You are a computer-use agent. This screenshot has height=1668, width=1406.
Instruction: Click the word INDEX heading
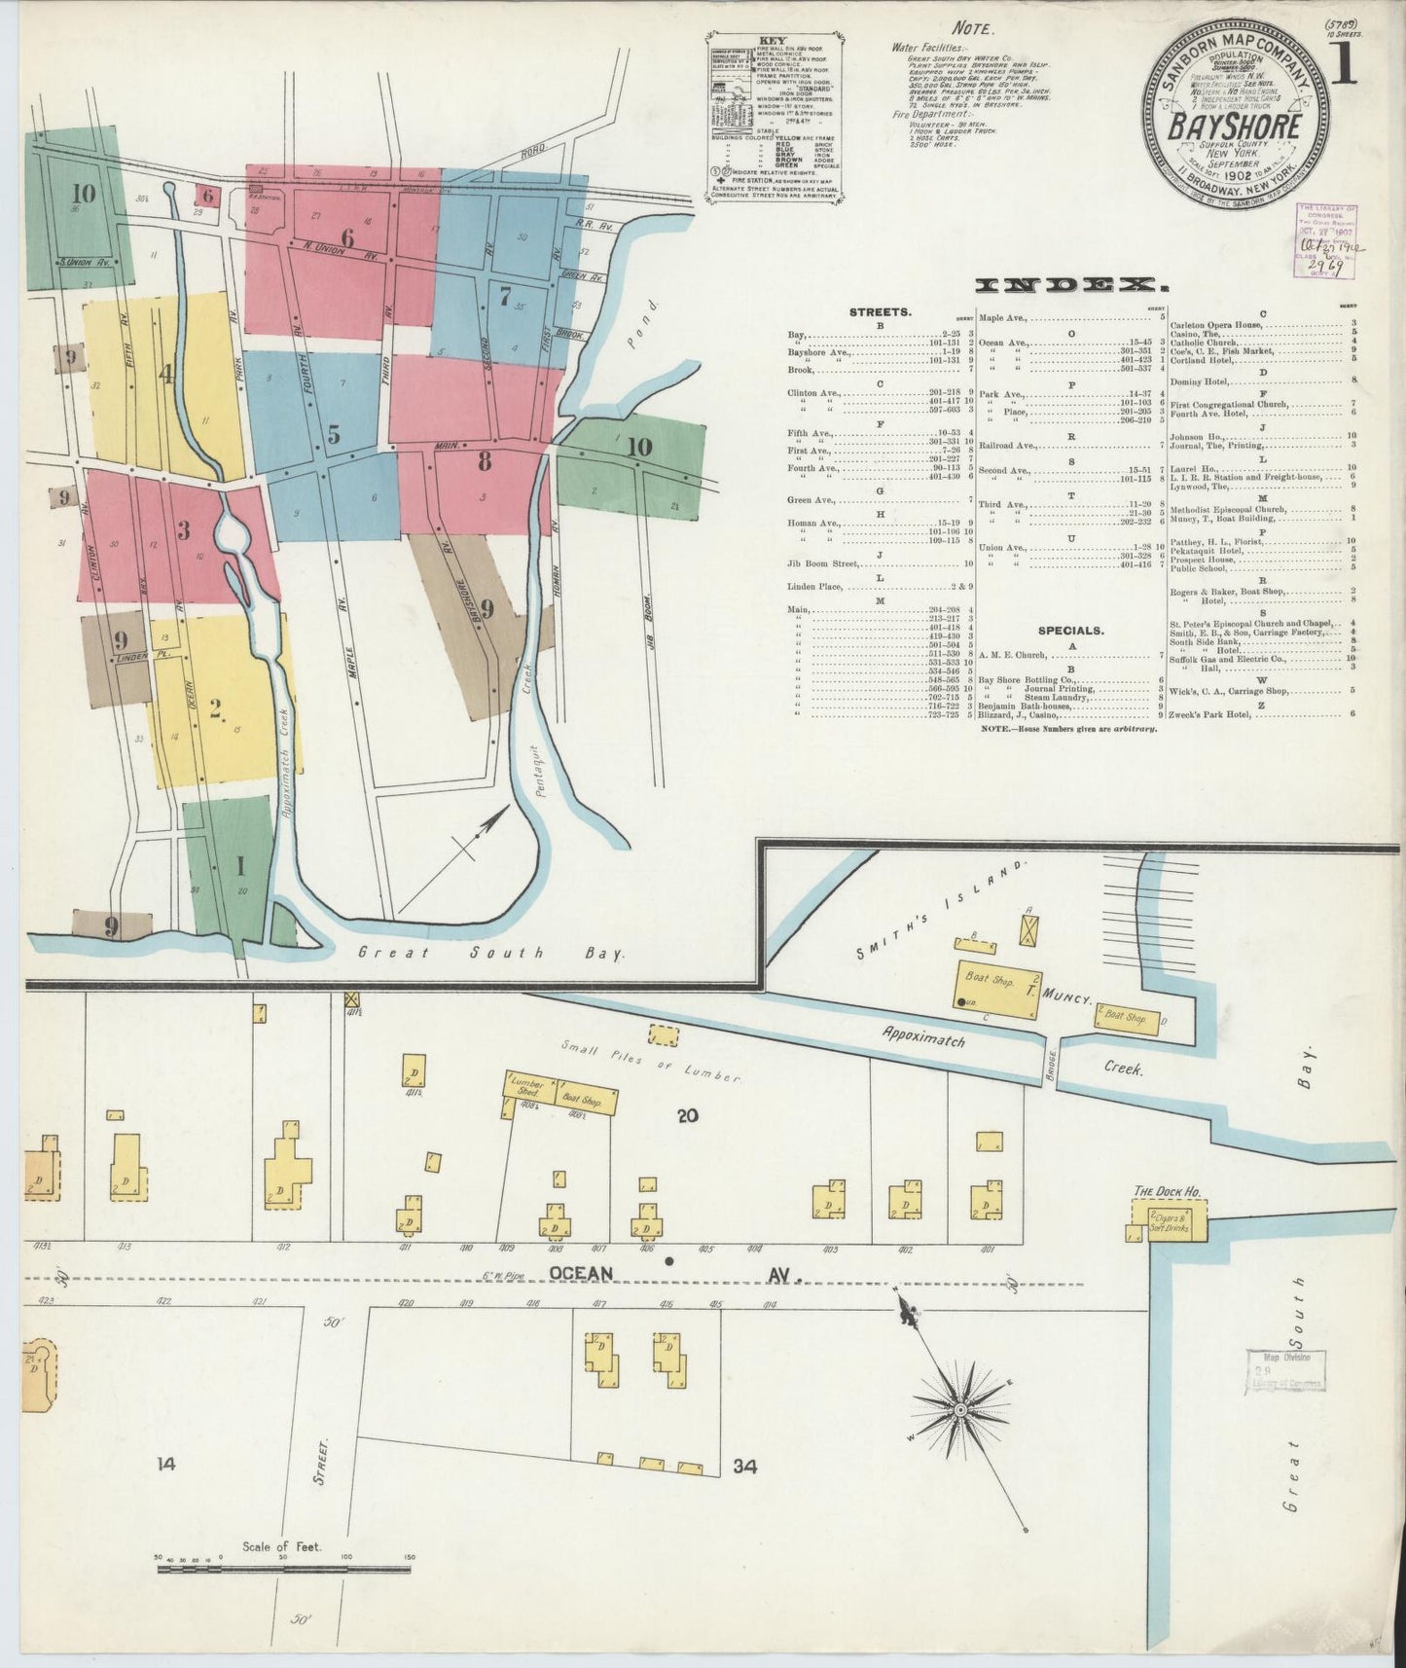click(1071, 286)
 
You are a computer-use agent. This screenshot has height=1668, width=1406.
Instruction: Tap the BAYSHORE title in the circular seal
click(1235, 127)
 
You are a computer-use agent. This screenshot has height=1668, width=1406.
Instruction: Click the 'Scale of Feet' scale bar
click(282, 1569)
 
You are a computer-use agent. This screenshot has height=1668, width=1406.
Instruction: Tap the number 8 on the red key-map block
click(484, 463)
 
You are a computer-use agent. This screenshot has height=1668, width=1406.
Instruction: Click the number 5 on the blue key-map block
click(334, 435)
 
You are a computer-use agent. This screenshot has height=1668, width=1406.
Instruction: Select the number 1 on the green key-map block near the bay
click(239, 865)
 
